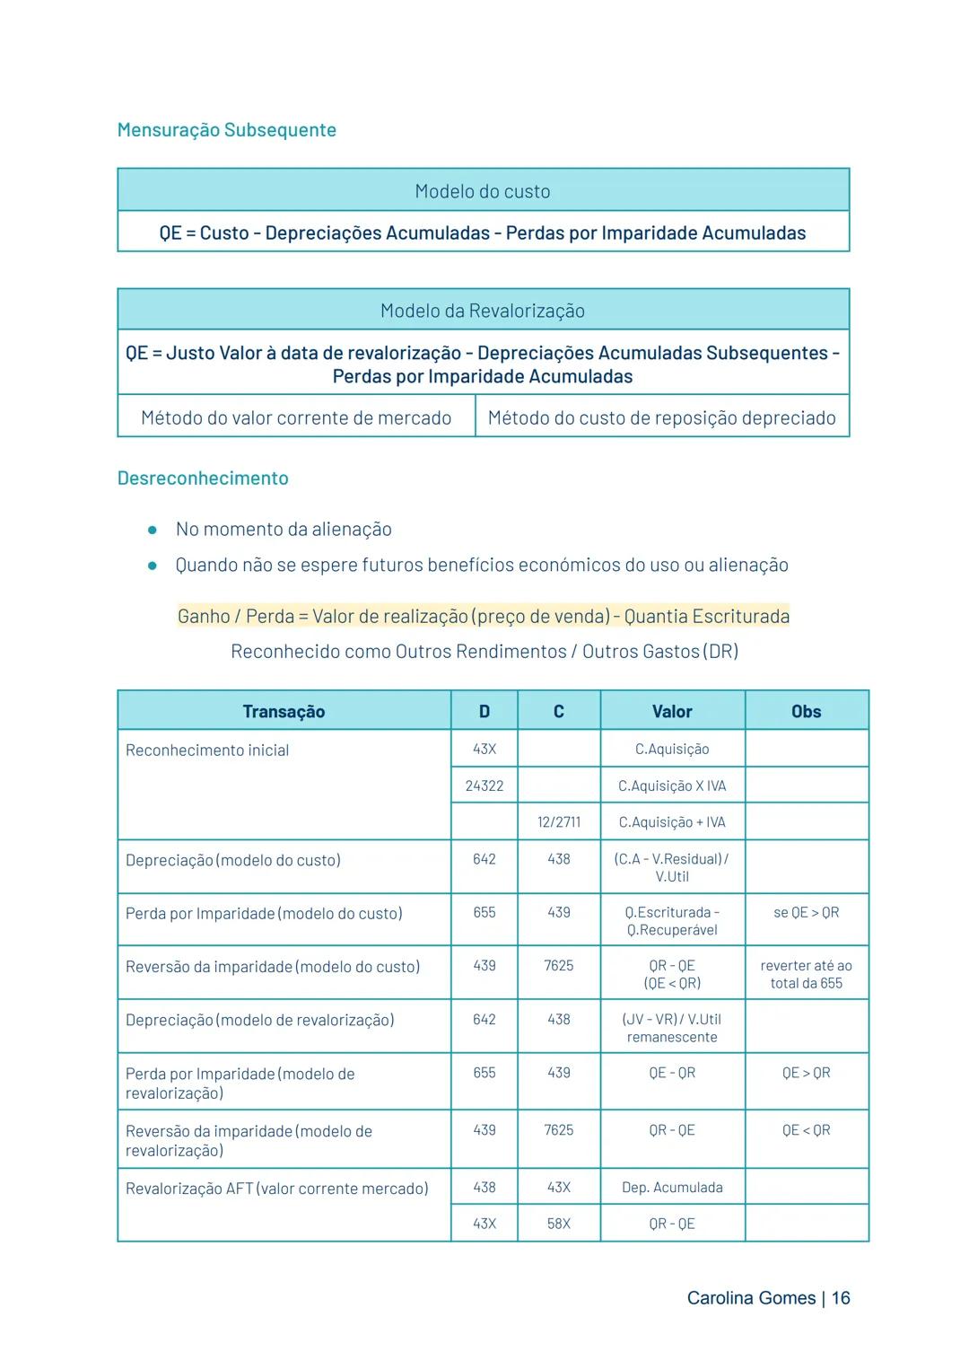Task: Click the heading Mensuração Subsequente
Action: tap(227, 130)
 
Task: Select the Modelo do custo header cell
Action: tap(483, 191)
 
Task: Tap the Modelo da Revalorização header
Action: tap(483, 311)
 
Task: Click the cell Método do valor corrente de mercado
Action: tap(296, 418)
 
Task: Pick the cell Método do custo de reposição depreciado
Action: tap(661, 418)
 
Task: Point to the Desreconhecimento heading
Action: tap(203, 478)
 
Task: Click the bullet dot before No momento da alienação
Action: tap(153, 530)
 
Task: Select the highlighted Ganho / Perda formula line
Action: tap(483, 617)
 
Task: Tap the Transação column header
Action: tap(284, 712)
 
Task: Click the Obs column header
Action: tap(806, 712)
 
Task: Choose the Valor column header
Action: tap(672, 712)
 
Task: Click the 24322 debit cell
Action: tap(484, 786)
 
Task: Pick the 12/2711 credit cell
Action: tap(558, 822)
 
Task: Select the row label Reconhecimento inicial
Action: tap(207, 750)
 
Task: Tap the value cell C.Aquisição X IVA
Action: tap(672, 786)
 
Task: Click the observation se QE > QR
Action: tap(806, 913)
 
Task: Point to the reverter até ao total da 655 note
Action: tap(806, 975)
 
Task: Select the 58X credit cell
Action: tap(558, 1224)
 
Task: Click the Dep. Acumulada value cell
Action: tap(672, 1188)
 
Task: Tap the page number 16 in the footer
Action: tap(841, 1298)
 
